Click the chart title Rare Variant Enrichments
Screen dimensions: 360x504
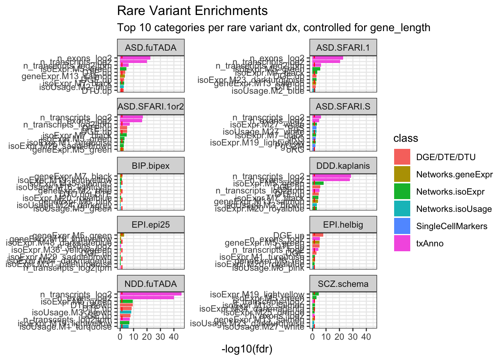tap(192, 11)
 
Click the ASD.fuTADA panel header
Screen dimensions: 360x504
tap(151, 48)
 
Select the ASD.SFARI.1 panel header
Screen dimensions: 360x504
tap(343, 48)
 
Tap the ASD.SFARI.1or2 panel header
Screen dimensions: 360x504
tap(151, 106)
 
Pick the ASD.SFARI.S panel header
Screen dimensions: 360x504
tap(343, 106)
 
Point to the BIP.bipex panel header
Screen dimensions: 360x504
tap(151, 166)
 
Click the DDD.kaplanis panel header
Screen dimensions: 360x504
tap(343, 166)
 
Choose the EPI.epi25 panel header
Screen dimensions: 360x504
tap(151, 225)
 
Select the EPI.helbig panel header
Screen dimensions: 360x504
tap(343, 225)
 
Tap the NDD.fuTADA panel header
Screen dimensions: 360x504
tap(151, 283)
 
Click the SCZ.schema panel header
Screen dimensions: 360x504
tap(343, 283)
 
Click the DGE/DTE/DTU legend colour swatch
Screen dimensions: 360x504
tap(402, 157)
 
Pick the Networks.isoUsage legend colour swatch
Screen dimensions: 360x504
tap(402, 209)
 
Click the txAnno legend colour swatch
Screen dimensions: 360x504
tap(402, 243)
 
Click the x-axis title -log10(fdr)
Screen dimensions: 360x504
tap(247, 349)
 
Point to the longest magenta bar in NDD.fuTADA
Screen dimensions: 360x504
tap(150, 294)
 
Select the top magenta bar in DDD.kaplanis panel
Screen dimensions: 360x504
tap(331, 176)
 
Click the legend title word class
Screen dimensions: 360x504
tap(406, 138)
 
